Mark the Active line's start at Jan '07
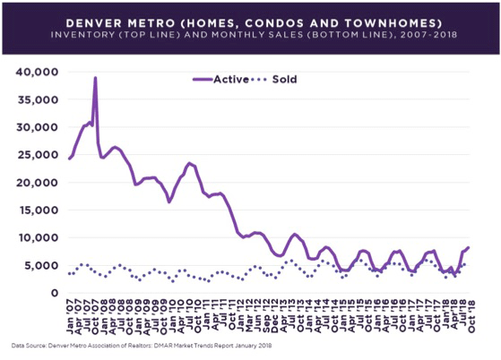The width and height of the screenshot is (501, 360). pos(69,159)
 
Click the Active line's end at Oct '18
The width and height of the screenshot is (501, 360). pos(468,247)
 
